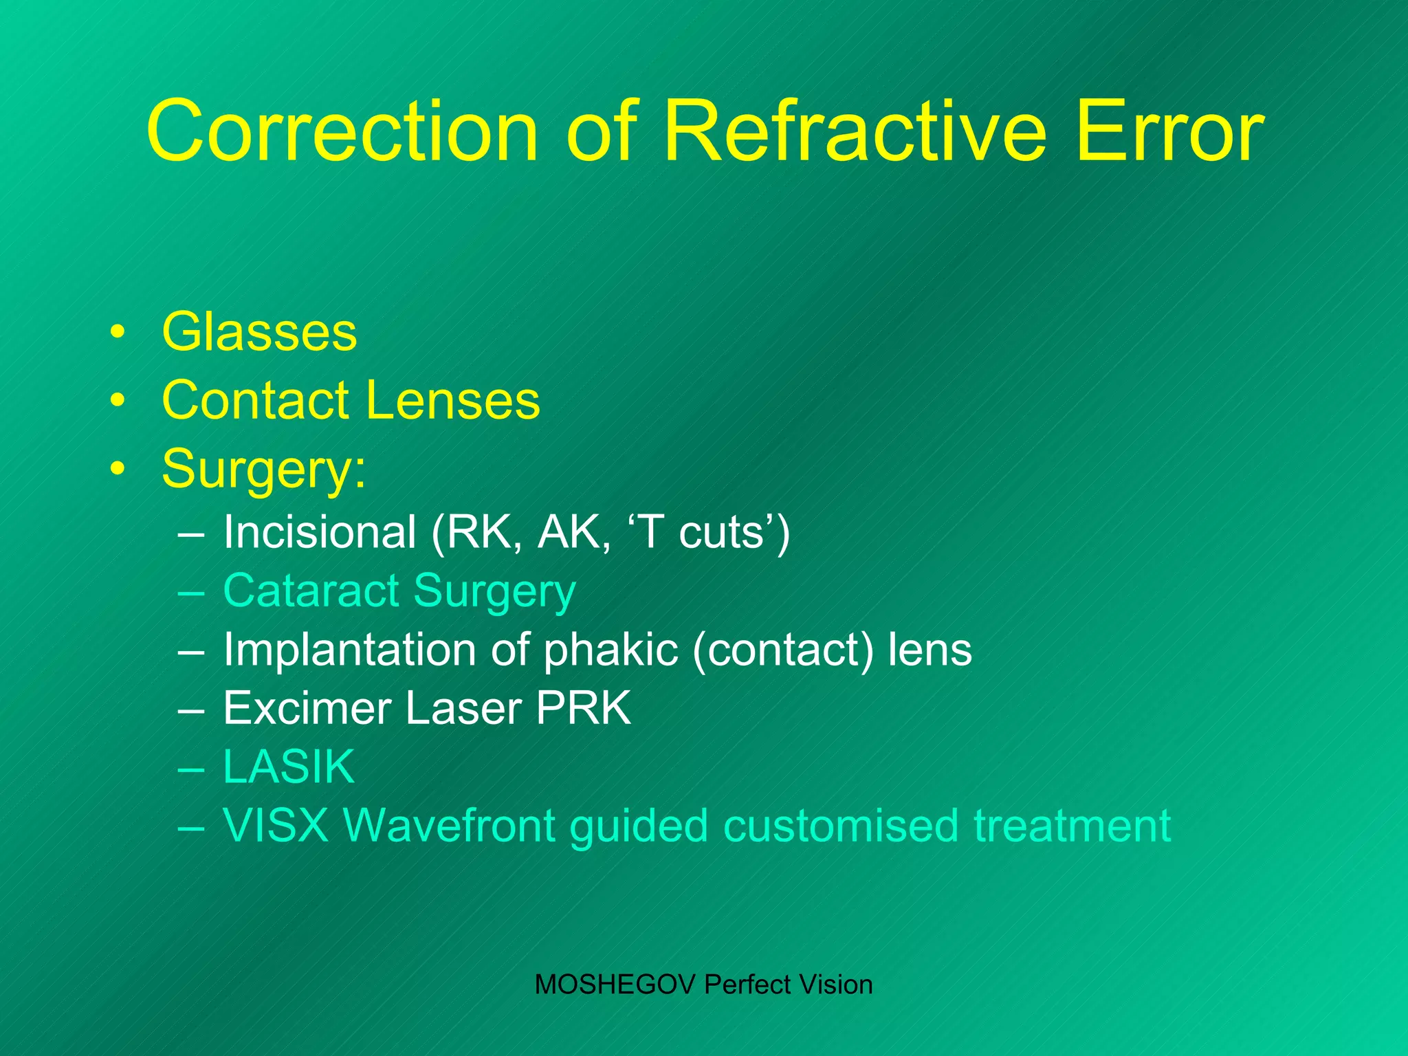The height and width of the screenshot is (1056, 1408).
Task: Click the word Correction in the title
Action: click(x=342, y=131)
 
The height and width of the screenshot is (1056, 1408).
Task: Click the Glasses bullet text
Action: click(x=259, y=332)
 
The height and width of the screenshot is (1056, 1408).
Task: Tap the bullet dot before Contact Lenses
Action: click(x=118, y=400)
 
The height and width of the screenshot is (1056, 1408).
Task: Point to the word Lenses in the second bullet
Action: click(x=453, y=400)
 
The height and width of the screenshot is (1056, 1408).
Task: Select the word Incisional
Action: click(x=320, y=533)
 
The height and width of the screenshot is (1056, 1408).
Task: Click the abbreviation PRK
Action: click(x=583, y=708)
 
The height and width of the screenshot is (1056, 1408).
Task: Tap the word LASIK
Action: click(x=289, y=767)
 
